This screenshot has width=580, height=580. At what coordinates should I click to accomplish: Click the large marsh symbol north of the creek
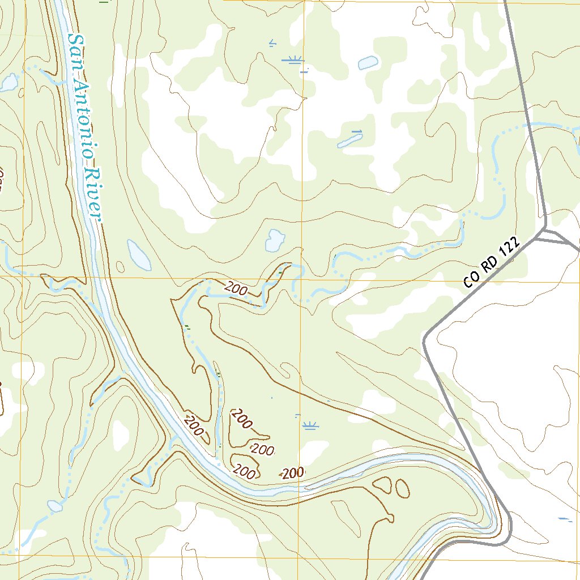point(293,60)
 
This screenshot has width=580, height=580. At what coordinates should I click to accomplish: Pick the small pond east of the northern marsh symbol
point(368,62)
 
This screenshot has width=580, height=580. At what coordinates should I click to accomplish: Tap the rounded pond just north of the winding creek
point(275,240)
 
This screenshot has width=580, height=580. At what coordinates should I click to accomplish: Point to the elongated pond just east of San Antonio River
point(139,255)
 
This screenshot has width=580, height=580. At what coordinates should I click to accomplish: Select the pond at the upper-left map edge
point(9,83)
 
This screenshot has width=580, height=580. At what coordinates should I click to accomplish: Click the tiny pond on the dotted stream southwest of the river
point(55,506)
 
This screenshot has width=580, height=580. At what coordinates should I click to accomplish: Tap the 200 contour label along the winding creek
point(236,289)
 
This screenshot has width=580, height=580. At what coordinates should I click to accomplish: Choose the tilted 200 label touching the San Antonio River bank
point(194,426)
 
